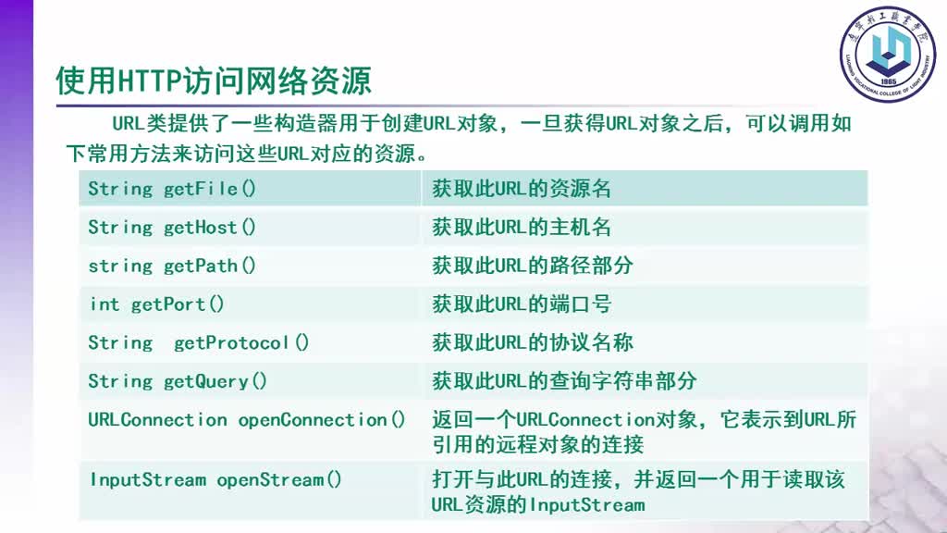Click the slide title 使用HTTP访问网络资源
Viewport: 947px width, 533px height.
pyautogui.click(x=214, y=81)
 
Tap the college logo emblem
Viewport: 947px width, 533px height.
pyautogui.click(x=888, y=55)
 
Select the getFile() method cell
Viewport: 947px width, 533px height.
pyautogui.click(x=250, y=189)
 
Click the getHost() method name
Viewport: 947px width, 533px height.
pyautogui.click(x=210, y=228)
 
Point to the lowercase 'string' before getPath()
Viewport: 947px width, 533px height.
pyautogui.click(x=120, y=266)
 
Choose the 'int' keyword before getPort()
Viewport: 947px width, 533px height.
pyautogui.click(x=105, y=304)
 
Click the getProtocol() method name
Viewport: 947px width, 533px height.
pyautogui.click(x=241, y=343)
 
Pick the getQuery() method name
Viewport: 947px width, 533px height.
pyautogui.click(x=215, y=381)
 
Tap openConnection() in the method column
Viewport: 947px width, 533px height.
pyautogui.click(x=321, y=420)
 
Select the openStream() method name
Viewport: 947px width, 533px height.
pyautogui.click(x=279, y=480)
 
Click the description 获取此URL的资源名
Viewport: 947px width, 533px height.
pyautogui.click(x=522, y=189)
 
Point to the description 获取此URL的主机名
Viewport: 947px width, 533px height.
pyautogui.click(x=522, y=228)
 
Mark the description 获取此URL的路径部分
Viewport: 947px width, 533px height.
pyautogui.click(x=532, y=266)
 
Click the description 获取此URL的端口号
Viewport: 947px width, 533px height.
pyautogui.click(x=522, y=304)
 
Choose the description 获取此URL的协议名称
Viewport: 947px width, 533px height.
pyautogui.click(x=532, y=342)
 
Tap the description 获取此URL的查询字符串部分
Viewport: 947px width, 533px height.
pyautogui.click(x=564, y=381)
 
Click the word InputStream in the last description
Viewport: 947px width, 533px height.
pyautogui.click(x=587, y=505)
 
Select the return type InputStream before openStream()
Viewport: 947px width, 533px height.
pyautogui.click(x=148, y=480)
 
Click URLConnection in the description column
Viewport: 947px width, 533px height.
pyautogui.click(x=585, y=419)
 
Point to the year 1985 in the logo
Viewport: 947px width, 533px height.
pyautogui.click(x=889, y=81)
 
